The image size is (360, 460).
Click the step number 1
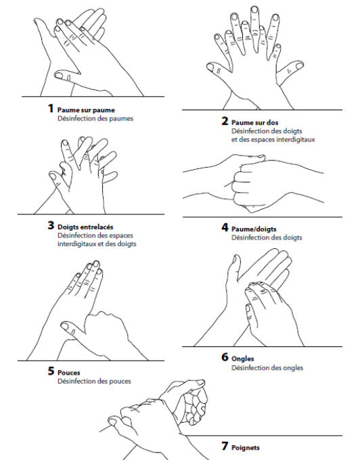click(50, 108)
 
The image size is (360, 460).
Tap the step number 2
click(225, 121)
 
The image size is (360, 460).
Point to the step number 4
click(225, 228)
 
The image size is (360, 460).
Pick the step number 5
click(51, 371)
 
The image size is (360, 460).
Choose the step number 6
click(225, 357)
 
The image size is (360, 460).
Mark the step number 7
click(225, 446)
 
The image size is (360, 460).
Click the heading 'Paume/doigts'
click(254, 229)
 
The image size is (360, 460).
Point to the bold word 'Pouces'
click(69, 372)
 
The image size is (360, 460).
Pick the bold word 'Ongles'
click(243, 358)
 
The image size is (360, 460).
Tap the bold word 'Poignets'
click(246, 447)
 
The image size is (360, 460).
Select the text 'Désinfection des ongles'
click(267, 368)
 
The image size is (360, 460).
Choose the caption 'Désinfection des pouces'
click(94, 382)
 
